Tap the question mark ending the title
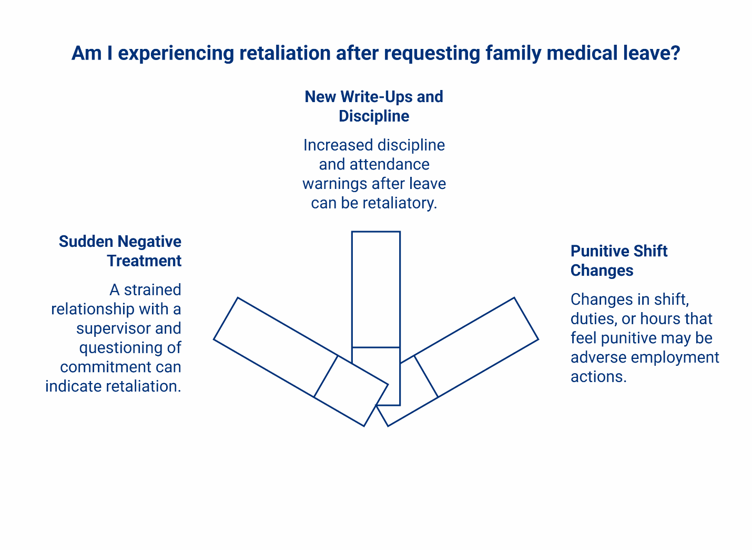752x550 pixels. point(675,53)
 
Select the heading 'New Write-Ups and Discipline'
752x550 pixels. point(374,106)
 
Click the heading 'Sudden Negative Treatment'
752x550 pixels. point(120,251)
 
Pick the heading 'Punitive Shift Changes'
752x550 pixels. point(618,261)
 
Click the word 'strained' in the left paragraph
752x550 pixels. point(153,290)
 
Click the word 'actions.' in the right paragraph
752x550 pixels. point(598,377)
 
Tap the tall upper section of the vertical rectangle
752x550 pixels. point(375,289)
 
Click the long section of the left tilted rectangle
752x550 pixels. point(276,347)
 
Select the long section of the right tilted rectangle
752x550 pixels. point(476,347)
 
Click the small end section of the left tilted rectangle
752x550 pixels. point(351,391)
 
